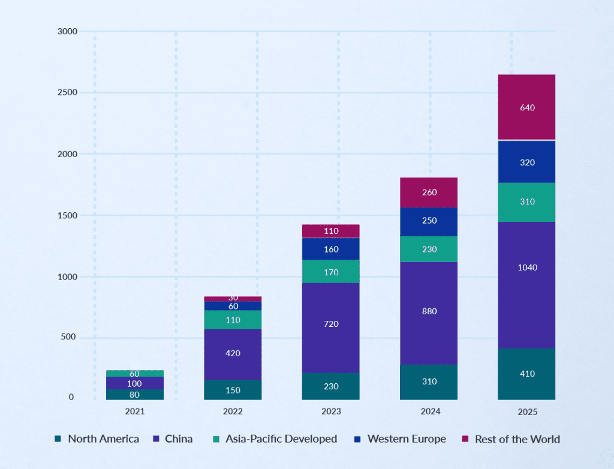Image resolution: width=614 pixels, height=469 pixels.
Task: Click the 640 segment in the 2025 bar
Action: pyautogui.click(x=526, y=107)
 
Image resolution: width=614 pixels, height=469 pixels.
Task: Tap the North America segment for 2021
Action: pyautogui.click(x=135, y=395)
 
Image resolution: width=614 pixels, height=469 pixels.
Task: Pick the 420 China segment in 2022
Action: pyautogui.click(x=233, y=354)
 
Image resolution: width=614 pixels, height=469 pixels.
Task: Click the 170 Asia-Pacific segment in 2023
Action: pyautogui.click(x=330, y=272)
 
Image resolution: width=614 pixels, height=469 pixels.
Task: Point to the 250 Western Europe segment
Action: pyautogui.click(x=429, y=221)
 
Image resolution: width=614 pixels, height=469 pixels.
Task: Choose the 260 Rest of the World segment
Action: pyautogui.click(x=429, y=193)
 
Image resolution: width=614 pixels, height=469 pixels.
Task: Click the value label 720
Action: pyautogui.click(x=331, y=324)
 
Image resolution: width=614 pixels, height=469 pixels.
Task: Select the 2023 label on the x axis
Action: pyautogui.click(x=331, y=411)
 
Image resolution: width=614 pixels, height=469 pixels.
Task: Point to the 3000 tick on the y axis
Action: pyautogui.click(x=67, y=31)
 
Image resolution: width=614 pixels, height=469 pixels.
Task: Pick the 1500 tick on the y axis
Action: pyautogui.click(x=67, y=215)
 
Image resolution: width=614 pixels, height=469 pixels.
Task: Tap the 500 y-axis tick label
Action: pyautogui.click(x=68, y=337)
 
